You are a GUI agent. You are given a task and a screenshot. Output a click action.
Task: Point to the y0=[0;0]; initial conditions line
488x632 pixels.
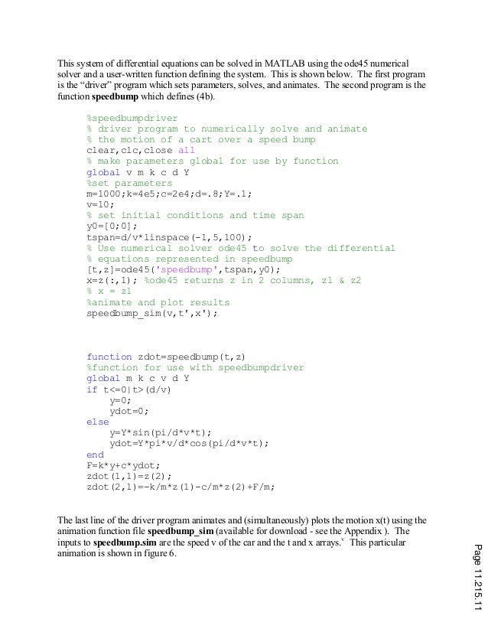pyautogui.click(x=112, y=226)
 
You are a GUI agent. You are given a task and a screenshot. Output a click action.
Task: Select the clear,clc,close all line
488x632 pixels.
pyautogui.click(x=141, y=151)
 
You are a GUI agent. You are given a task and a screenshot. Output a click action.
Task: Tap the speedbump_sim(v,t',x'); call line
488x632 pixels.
pyautogui.click(x=152, y=313)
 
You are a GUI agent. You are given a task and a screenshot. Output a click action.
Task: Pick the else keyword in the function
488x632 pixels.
pyautogui.click(x=97, y=421)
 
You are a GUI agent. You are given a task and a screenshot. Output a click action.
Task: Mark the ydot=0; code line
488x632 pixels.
pyautogui.click(x=129, y=410)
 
